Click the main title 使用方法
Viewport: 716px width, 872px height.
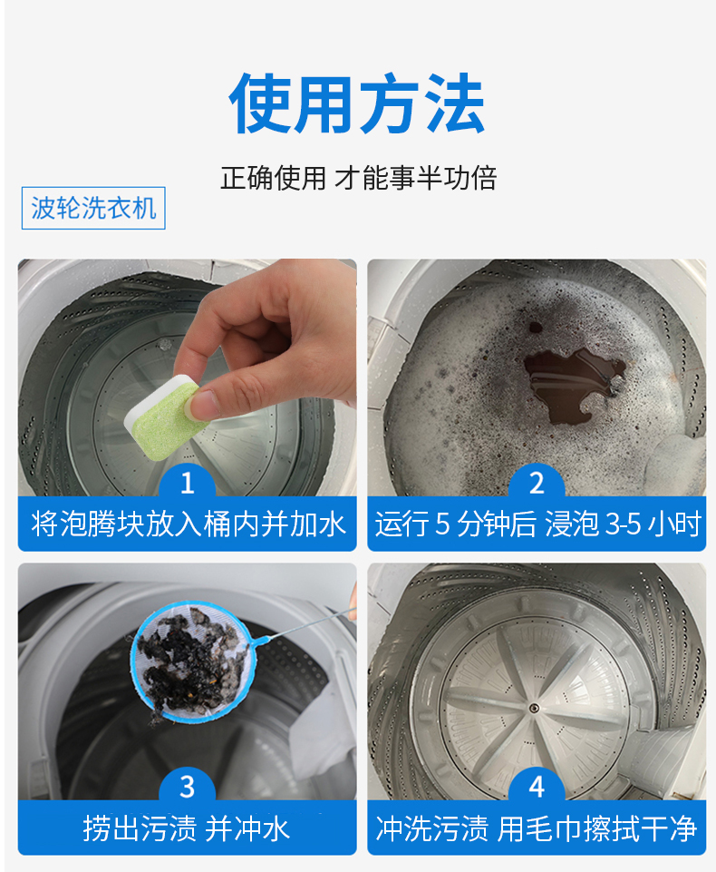click(357, 104)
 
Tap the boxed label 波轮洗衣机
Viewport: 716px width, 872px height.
click(93, 208)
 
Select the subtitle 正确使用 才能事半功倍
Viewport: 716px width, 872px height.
click(358, 178)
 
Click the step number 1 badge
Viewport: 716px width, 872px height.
click(188, 482)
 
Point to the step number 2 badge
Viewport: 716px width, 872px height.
click(537, 482)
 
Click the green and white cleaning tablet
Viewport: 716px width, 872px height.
click(164, 418)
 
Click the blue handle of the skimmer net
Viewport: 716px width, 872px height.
click(304, 625)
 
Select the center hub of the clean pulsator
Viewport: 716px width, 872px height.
click(534, 708)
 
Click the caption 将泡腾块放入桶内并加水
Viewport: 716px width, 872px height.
click(189, 524)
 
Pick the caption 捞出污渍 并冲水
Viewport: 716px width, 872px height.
click(187, 828)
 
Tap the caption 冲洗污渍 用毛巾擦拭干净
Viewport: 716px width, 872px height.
click(536, 828)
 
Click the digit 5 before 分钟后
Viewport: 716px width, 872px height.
click(442, 524)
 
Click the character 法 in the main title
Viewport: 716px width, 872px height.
click(453, 104)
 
